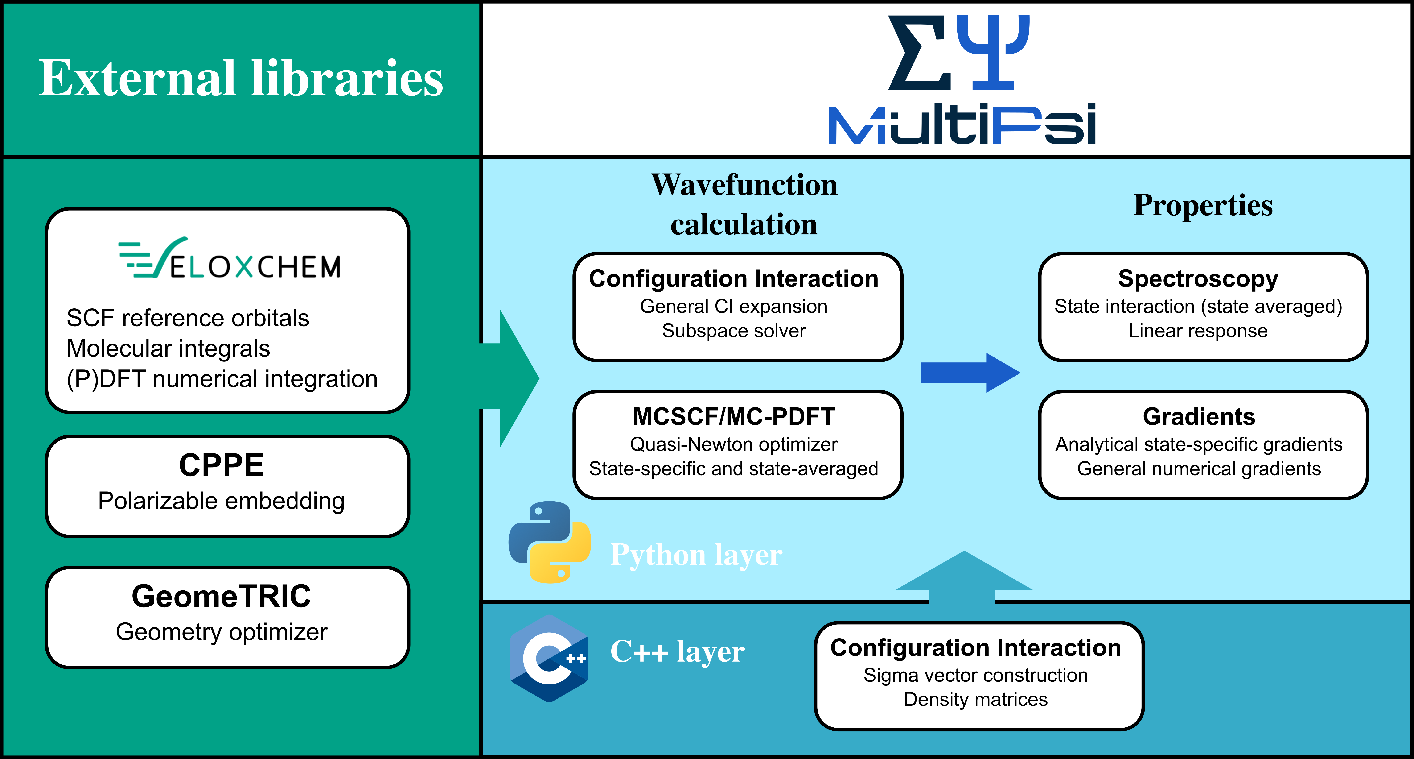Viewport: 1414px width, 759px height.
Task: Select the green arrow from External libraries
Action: (x=513, y=378)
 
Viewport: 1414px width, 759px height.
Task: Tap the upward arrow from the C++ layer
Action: (x=963, y=577)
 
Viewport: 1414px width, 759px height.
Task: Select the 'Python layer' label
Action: (x=696, y=555)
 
